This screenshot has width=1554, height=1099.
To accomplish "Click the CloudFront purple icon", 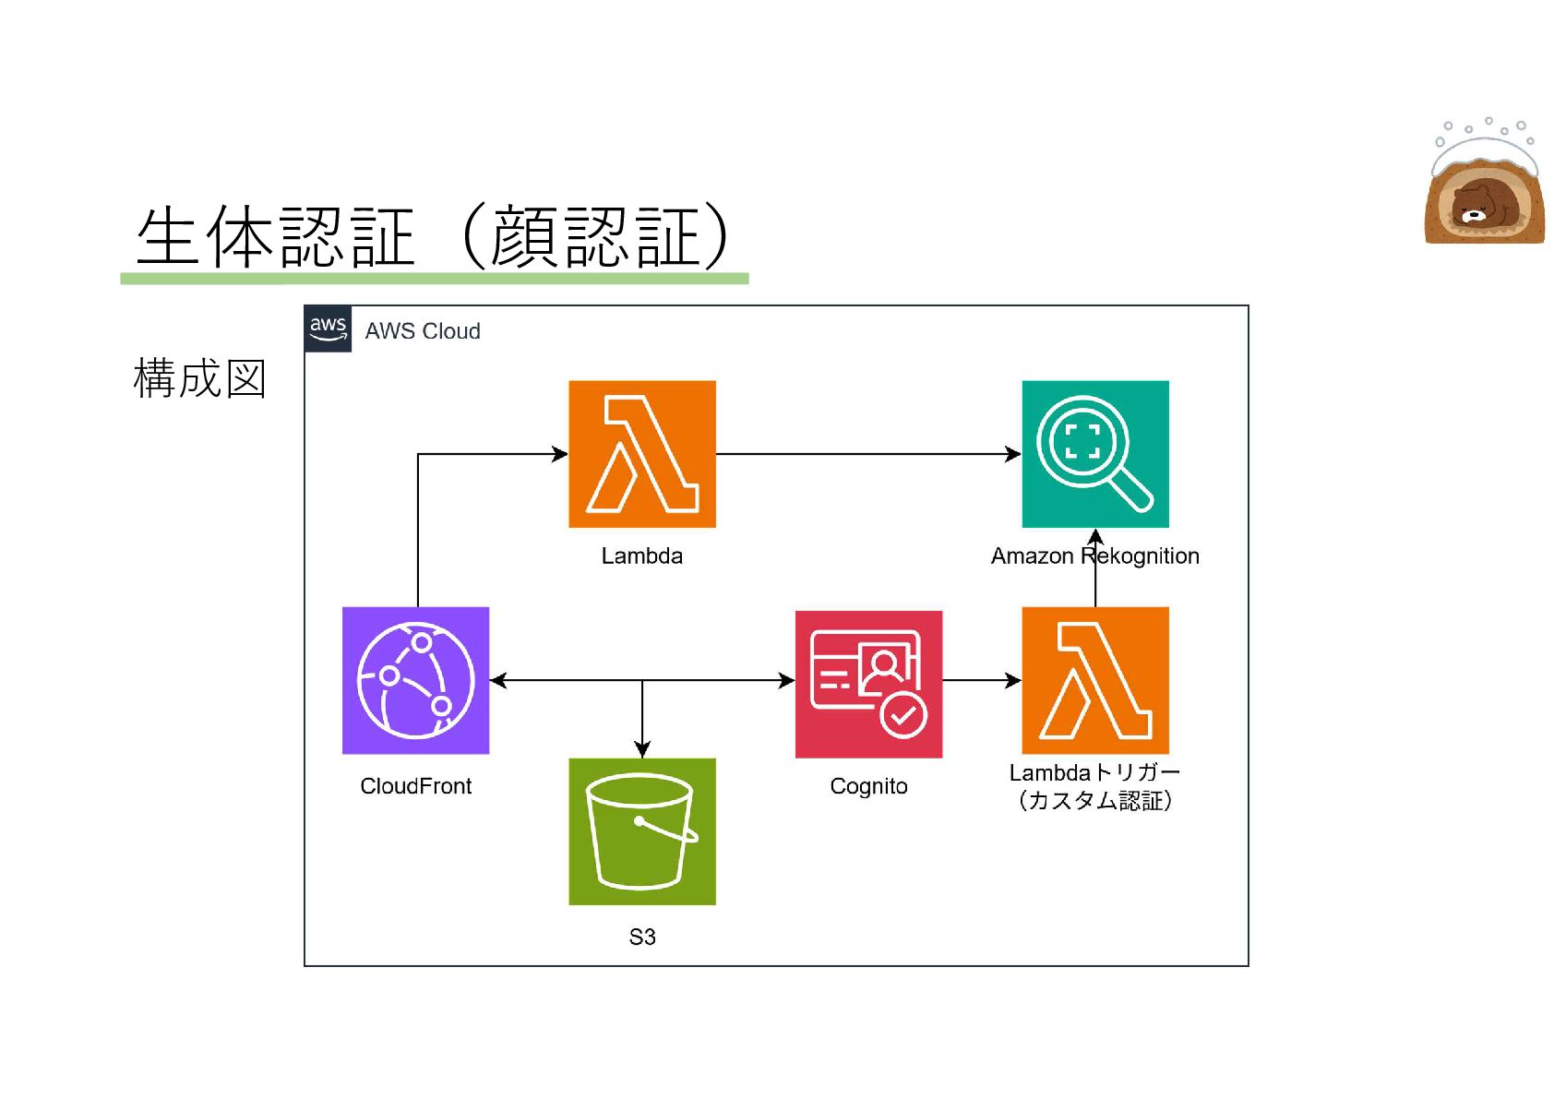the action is point(415,681).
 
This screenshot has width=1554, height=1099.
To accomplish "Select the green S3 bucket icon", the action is point(642,831).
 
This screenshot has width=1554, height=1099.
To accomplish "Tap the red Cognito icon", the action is point(868,684).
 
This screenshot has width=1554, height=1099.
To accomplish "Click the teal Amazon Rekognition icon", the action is point(1095,454).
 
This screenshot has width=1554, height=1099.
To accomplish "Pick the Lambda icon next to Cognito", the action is point(1095,681).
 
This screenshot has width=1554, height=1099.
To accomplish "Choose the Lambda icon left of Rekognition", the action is point(642,454).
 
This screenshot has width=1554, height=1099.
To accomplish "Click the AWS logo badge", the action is point(329,329).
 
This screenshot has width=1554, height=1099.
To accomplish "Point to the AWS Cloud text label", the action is point(423,331).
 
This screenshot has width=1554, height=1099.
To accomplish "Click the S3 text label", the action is point(642,938).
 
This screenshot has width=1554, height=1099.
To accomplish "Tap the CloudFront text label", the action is point(415,786).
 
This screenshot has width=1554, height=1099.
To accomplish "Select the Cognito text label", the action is point(868,786).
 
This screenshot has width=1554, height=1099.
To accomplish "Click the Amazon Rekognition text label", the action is point(1094,555).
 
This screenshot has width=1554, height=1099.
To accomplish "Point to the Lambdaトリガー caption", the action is point(1094,772).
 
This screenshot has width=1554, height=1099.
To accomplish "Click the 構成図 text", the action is point(200,379).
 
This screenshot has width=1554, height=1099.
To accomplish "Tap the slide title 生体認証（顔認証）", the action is point(433,236).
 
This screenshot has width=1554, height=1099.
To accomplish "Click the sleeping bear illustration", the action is point(1485,182).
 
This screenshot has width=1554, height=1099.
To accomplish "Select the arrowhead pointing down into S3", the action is point(642,749).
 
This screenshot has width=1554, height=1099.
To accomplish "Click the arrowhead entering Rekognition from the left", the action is point(1013,454).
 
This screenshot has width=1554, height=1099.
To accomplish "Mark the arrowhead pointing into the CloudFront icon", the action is point(498,681).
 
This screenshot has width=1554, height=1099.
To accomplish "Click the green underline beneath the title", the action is point(435,279).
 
